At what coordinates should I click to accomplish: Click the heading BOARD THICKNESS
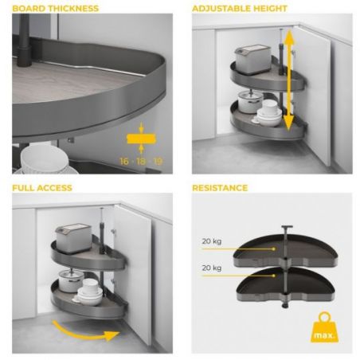tap(56, 9)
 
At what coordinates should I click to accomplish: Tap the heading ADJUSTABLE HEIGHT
tap(240, 9)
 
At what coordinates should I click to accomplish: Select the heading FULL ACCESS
tap(42, 188)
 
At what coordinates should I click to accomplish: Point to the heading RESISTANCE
tap(220, 188)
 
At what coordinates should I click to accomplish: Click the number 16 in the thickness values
tap(124, 161)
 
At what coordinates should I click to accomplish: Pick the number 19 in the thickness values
tap(158, 161)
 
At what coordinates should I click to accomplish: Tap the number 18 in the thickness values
tap(141, 161)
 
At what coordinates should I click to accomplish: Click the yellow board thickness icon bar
tap(141, 139)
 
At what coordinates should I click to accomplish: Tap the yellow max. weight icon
tap(324, 327)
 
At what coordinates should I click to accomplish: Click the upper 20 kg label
tap(212, 241)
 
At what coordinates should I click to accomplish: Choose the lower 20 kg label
tap(212, 268)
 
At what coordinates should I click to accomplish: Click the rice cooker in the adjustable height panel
tap(252, 60)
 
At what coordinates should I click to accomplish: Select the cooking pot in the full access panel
tap(70, 280)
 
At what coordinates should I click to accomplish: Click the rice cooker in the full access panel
tap(73, 238)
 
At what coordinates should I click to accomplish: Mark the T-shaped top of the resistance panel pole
tap(287, 228)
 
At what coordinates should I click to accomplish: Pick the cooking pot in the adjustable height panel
tap(250, 102)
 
